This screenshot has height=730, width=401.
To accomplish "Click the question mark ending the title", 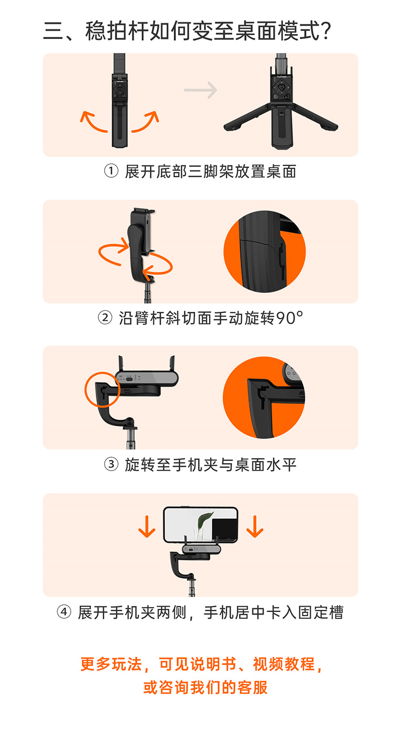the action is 325,31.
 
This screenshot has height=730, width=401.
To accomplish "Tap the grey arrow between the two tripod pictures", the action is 200,90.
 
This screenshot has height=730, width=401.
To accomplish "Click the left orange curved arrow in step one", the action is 92,121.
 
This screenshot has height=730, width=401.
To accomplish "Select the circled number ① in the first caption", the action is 111,171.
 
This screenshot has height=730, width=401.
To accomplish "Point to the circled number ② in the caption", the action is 105,318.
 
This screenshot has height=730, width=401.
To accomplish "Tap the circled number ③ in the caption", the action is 111,464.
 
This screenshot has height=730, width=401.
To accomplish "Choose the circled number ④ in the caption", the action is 64,611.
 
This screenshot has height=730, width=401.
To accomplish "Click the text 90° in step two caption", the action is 290,318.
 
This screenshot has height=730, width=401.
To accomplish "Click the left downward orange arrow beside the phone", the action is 147,527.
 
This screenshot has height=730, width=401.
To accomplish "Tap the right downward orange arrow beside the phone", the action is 255,527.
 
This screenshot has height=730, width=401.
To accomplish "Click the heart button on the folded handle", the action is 120,88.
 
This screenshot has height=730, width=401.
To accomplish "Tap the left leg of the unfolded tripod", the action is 247,118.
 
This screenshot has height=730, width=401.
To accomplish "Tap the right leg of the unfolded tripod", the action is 315,117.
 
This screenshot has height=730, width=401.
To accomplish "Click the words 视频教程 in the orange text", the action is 283,664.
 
